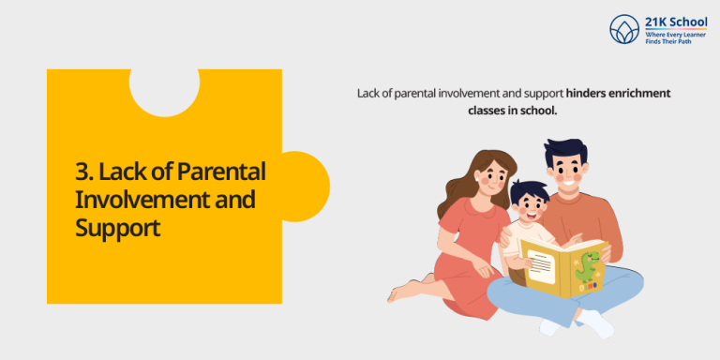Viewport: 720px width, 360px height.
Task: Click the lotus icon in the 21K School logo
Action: pyautogui.click(x=623, y=29)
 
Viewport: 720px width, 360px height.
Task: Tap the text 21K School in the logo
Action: pyautogui.click(x=676, y=22)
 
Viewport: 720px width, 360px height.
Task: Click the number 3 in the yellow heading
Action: pyautogui.click(x=81, y=172)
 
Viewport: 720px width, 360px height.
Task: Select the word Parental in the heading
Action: pyautogui.click(x=222, y=172)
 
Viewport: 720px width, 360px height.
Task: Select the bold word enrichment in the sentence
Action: pyautogui.click(x=640, y=93)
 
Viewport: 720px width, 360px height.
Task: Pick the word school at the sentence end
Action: pyautogui.click(x=541, y=110)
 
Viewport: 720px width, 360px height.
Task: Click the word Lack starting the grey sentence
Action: pyautogui.click(x=368, y=93)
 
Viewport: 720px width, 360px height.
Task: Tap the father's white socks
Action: pyautogui.click(x=597, y=324)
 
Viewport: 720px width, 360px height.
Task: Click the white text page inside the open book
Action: pyautogui.click(x=541, y=265)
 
